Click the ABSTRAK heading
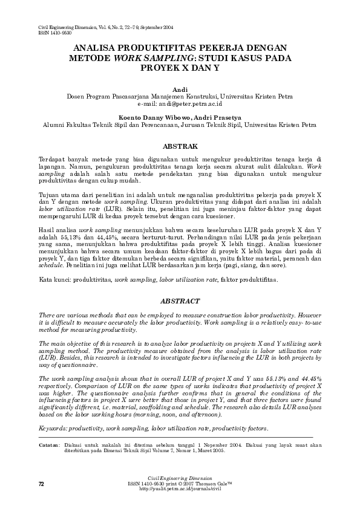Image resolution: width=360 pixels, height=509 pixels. (x=180, y=146)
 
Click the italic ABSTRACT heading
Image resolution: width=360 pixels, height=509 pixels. (x=180, y=300)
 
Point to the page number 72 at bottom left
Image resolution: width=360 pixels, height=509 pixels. (x=41, y=484)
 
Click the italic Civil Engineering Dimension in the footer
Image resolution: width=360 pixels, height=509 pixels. (x=180, y=479)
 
